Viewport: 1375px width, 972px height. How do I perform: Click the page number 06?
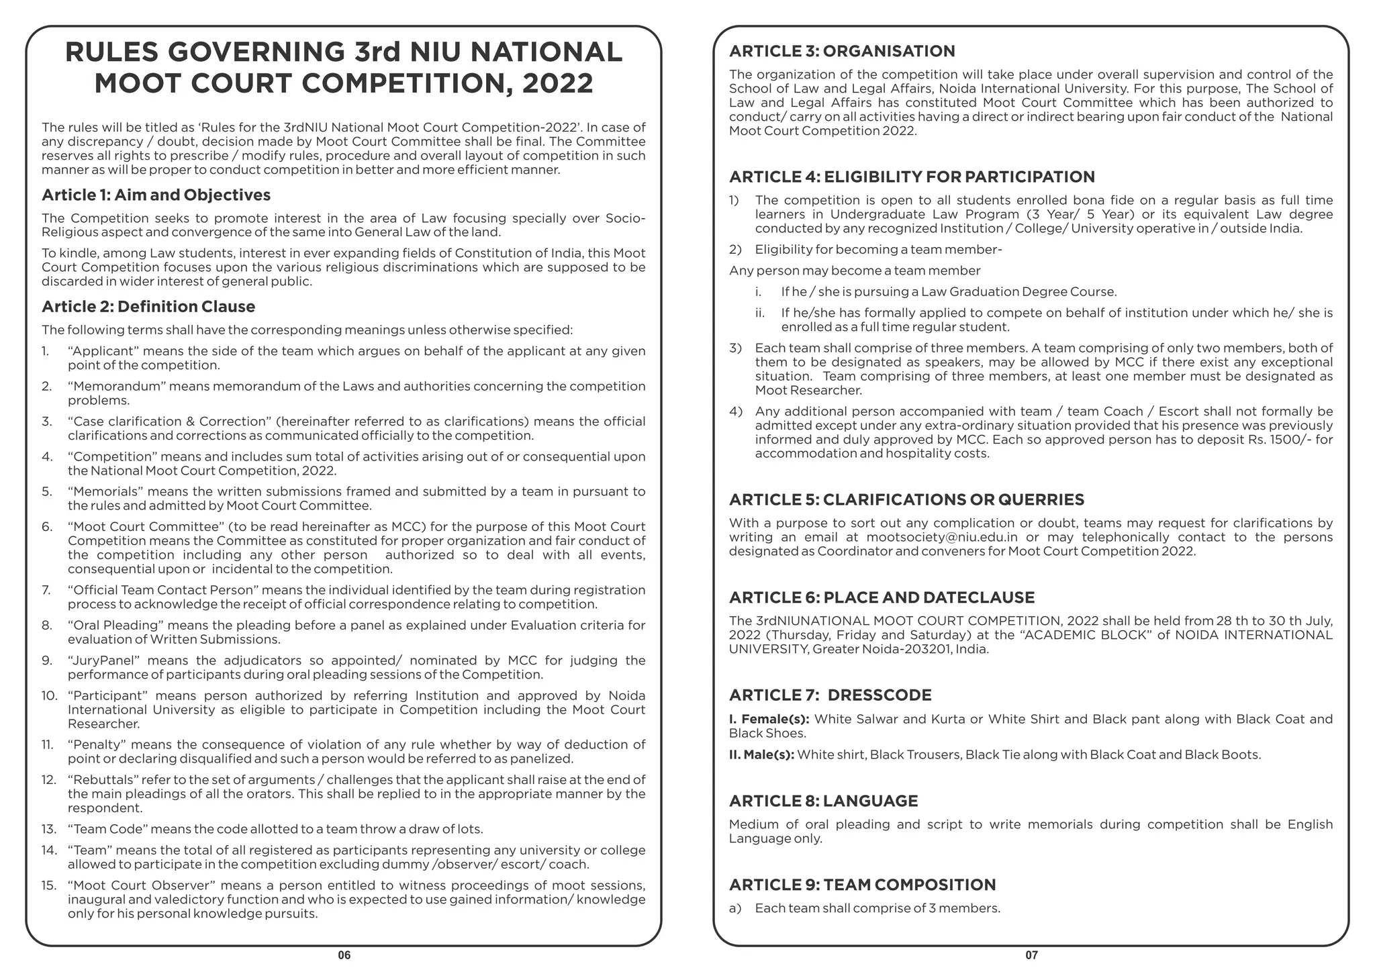344,955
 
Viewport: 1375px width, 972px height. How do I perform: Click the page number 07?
1031,955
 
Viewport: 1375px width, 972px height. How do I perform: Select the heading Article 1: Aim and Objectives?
156,195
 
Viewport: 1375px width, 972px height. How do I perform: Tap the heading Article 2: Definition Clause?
148,307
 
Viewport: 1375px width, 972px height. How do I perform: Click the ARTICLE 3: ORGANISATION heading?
842,52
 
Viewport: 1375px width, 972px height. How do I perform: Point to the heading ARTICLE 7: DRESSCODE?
830,695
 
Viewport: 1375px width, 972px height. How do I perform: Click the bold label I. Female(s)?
769,720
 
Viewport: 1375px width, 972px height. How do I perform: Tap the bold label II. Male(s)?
761,755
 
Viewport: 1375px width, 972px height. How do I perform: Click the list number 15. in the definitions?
48,885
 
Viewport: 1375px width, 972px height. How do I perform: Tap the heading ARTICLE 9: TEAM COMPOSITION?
862,885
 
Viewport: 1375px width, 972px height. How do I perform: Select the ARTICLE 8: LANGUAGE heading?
823,801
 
